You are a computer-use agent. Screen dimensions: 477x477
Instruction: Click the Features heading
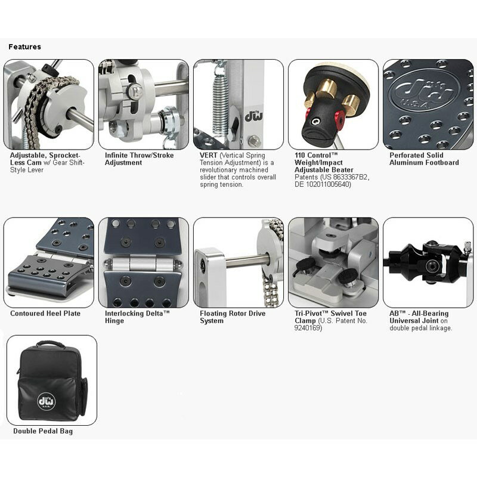click(x=24, y=47)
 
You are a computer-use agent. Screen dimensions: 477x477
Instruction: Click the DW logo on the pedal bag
click(x=47, y=401)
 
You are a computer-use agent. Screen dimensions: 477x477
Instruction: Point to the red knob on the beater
click(x=340, y=119)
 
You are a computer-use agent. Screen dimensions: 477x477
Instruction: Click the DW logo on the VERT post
click(x=254, y=116)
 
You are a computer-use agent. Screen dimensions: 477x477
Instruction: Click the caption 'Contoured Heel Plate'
click(x=45, y=314)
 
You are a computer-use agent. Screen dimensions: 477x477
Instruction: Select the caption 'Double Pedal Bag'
click(x=43, y=431)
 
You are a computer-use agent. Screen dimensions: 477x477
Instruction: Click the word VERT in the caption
click(x=208, y=155)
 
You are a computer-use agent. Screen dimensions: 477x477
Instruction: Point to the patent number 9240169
click(x=308, y=328)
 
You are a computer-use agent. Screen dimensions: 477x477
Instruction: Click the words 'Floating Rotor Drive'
click(x=233, y=314)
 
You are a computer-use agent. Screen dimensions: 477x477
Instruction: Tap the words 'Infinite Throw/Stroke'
click(x=139, y=155)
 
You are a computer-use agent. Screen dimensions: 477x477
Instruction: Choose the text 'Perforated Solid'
click(x=416, y=155)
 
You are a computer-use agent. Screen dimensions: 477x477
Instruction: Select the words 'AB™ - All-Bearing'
click(x=419, y=314)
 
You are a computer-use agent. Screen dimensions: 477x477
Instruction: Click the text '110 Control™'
click(x=316, y=155)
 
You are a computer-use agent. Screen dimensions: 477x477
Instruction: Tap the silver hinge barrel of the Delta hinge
click(x=143, y=264)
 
